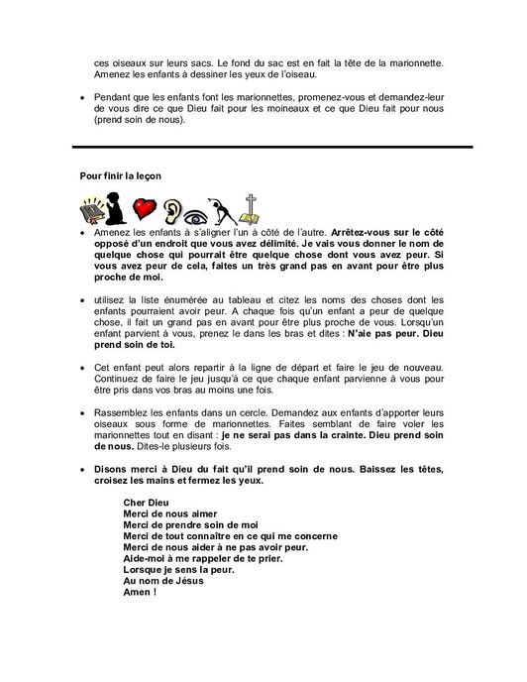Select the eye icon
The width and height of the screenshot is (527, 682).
pyautogui.click(x=202, y=209)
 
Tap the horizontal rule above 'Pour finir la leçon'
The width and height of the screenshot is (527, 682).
pyautogui.click(x=263, y=148)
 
